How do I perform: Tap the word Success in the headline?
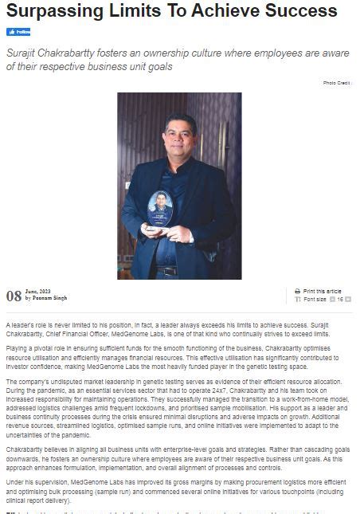[x=298, y=12]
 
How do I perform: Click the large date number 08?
[x=14, y=296]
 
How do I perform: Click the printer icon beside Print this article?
[x=298, y=292]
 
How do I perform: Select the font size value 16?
[x=340, y=299]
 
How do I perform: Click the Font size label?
[x=315, y=299]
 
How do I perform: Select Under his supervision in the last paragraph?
[x=36, y=481]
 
